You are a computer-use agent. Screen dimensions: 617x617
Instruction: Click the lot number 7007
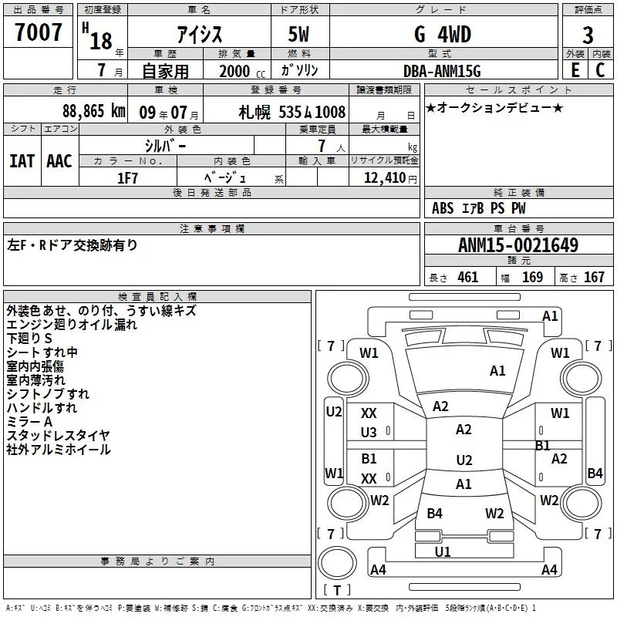coord(39,33)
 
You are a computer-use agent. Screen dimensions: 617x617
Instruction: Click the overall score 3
coord(588,35)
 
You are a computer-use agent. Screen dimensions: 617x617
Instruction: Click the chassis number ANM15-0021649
coord(518,246)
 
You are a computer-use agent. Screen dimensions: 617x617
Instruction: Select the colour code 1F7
coord(127,177)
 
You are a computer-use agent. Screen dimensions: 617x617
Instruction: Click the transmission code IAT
coord(22,161)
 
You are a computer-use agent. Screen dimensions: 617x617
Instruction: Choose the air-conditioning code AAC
coord(59,161)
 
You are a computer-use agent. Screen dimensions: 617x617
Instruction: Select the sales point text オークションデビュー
coord(494,108)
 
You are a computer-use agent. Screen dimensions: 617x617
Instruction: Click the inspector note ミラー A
coord(29,422)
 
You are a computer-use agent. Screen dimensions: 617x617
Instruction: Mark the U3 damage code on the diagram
coord(369,433)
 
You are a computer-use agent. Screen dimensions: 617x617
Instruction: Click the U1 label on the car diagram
coord(443,551)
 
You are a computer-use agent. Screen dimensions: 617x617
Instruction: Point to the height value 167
coord(594,278)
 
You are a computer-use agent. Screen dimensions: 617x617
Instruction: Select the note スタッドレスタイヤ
coord(58,436)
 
